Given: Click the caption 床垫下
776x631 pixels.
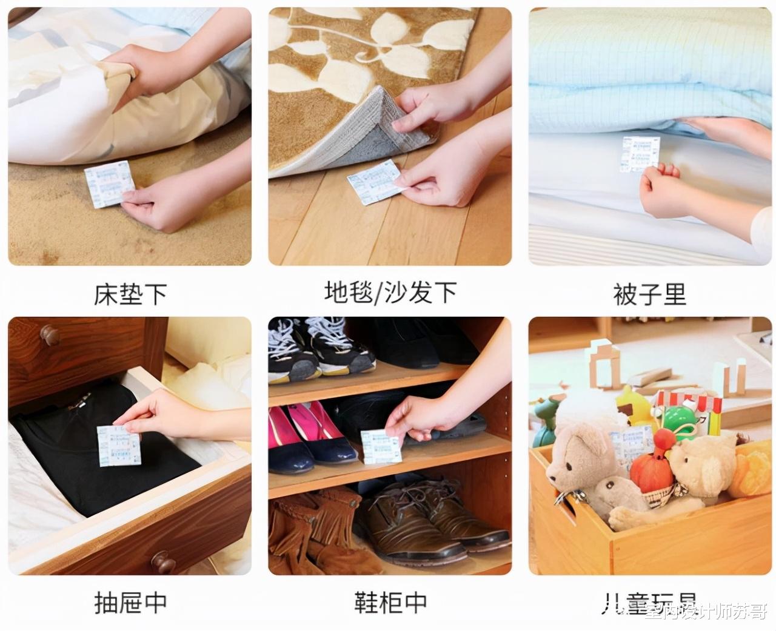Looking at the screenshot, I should (x=130, y=294).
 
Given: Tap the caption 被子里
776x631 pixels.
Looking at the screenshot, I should (x=649, y=294).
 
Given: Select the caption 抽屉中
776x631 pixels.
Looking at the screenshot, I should (x=130, y=602).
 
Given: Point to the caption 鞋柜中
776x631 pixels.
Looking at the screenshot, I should (x=390, y=602).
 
